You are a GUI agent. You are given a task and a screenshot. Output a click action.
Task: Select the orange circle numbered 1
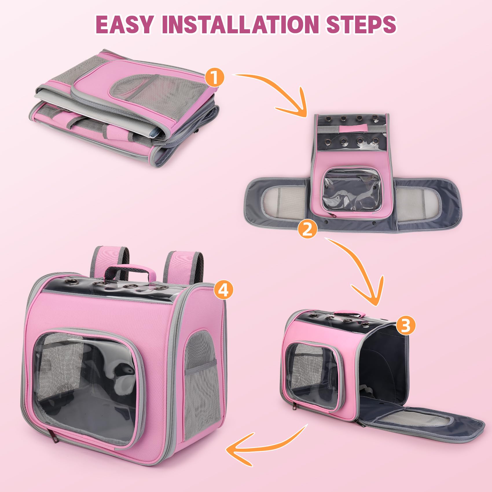point(214,77)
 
